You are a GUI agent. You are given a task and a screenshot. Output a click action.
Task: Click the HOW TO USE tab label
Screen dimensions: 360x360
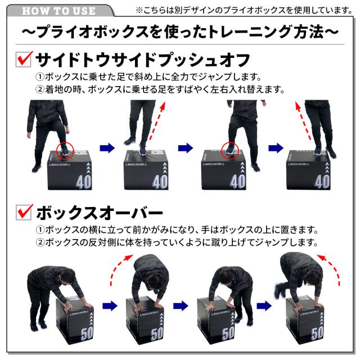coord(58,11)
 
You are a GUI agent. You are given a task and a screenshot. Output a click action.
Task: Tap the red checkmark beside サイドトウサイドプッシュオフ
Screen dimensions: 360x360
coord(24,58)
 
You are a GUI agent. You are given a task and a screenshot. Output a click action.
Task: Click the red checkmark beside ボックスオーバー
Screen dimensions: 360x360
coord(25,211)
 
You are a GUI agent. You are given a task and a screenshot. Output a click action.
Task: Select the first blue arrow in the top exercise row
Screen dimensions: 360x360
coord(107,148)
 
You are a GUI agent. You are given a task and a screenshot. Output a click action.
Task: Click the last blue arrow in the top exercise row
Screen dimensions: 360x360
coord(276,148)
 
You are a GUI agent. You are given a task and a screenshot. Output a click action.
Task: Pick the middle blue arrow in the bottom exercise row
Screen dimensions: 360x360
coord(181,306)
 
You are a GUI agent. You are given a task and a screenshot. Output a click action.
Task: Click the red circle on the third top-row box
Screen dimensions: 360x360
coord(230,151)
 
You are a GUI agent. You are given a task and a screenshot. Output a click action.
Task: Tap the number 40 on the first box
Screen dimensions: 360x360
coord(84,182)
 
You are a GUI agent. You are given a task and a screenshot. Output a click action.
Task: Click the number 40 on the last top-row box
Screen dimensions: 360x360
coord(322,182)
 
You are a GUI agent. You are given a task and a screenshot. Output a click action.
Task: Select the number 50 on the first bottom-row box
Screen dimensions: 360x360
coord(87,333)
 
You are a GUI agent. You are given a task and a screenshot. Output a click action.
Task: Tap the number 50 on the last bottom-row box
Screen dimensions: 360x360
coord(317,333)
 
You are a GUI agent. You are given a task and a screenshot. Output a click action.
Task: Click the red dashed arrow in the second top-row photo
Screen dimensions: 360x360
coord(157,121)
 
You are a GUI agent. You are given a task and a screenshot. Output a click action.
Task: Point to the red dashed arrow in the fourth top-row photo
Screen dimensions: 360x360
coord(303,121)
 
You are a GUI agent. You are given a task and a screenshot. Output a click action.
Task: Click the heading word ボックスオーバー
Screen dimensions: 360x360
coord(100,213)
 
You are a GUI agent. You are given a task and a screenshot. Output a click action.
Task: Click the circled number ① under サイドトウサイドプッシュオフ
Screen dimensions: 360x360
coord(40,76)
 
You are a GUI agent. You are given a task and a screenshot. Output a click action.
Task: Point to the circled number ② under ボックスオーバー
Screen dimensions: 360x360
coord(40,242)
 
